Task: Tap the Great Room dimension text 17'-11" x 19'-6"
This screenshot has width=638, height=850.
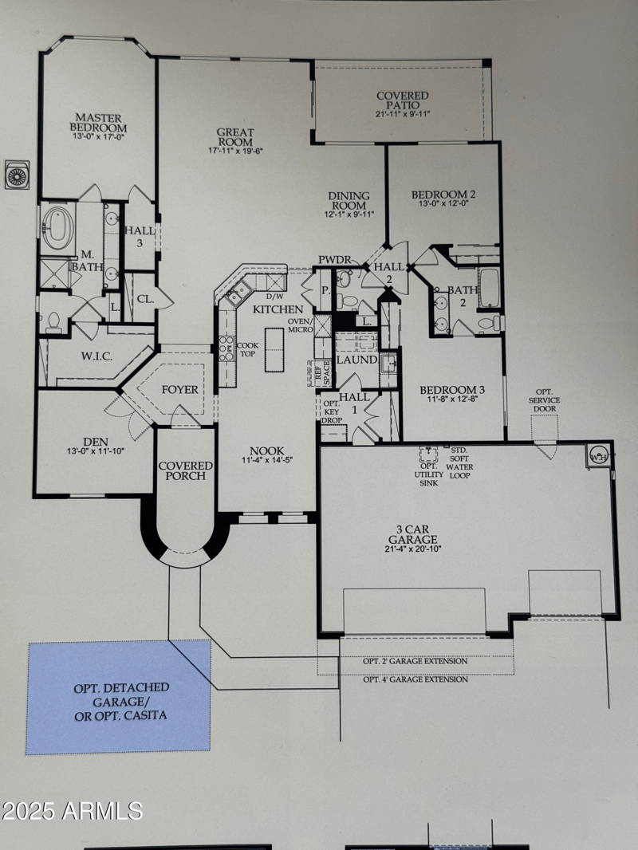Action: point(235,150)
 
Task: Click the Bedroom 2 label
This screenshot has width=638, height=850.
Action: point(443,195)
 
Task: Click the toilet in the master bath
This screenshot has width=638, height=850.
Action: point(54,321)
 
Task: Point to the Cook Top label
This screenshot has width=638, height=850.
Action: point(246,349)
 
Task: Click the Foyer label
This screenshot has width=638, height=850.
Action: point(179,390)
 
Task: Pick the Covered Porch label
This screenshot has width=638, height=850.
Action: point(185,470)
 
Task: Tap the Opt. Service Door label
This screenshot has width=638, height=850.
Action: point(545,404)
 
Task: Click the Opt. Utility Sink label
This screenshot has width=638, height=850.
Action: point(429,474)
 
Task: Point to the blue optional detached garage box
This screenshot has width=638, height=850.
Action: point(118,698)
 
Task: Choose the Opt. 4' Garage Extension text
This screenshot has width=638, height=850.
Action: point(415,679)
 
